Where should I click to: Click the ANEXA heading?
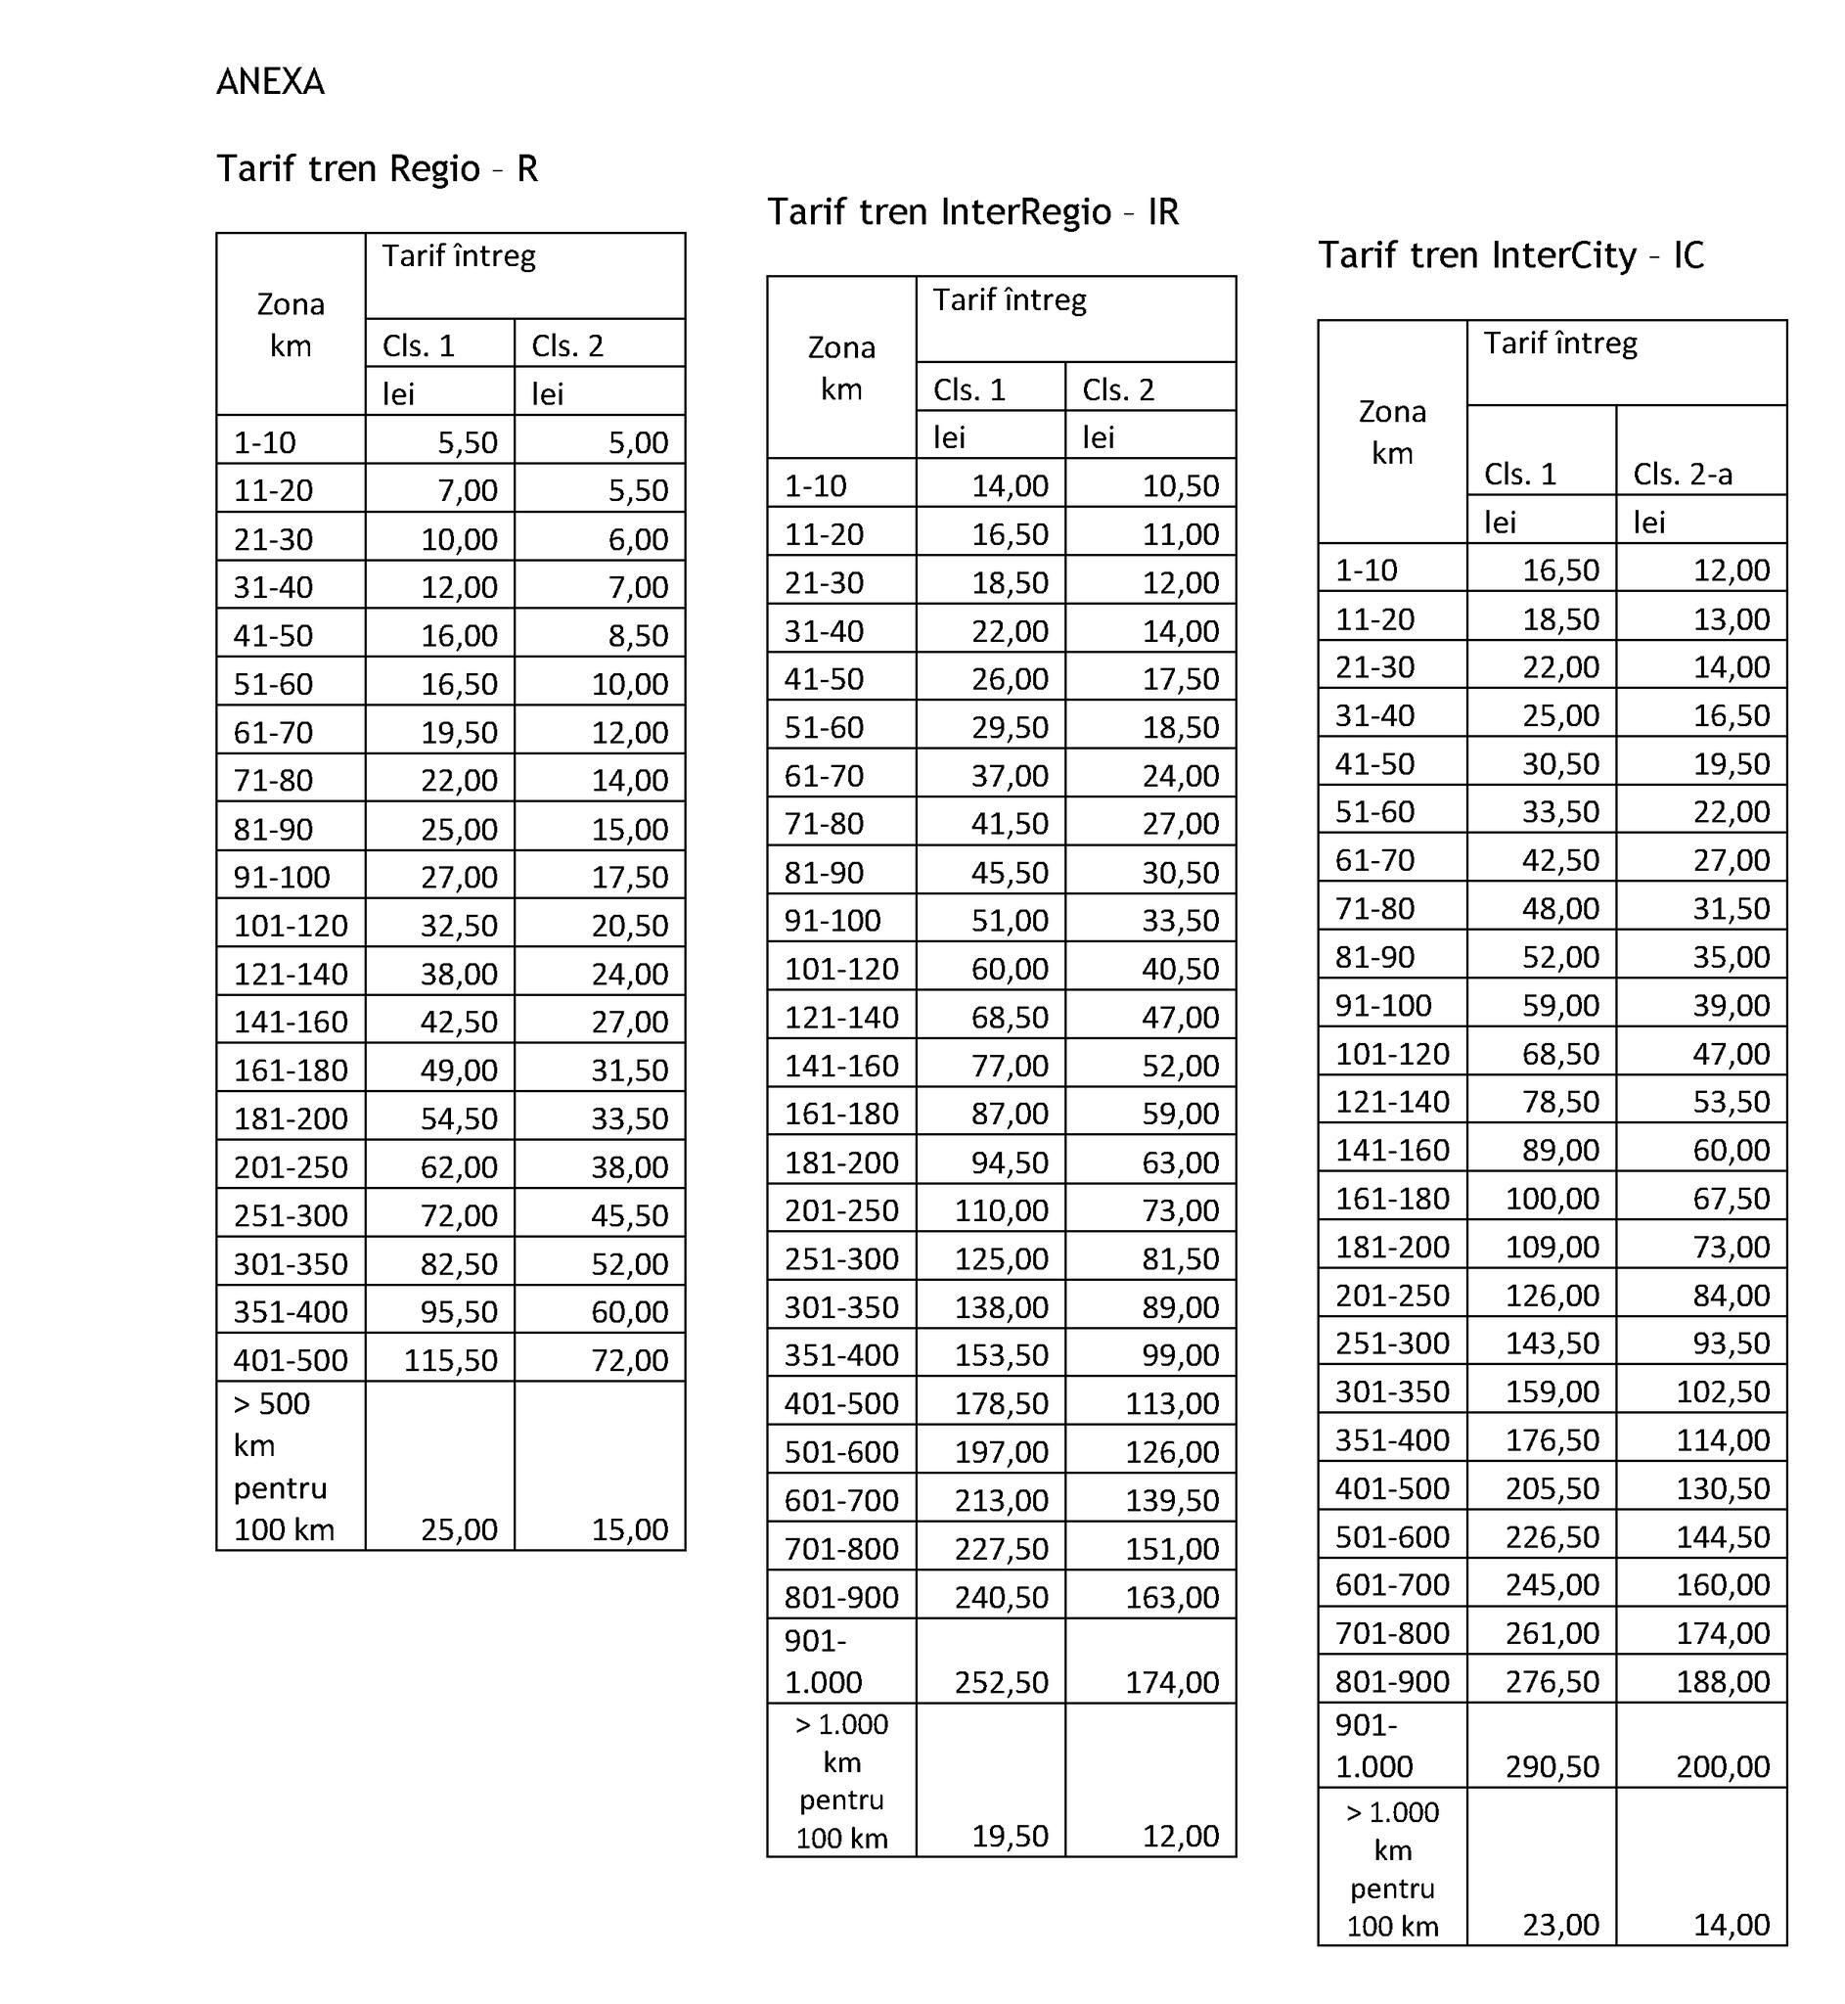[270, 82]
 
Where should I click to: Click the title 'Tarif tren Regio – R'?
[377, 168]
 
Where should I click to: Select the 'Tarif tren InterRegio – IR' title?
[972, 211]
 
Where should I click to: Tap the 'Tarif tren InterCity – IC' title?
[1509, 255]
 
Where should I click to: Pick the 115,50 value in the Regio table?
[450, 1360]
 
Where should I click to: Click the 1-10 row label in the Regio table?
[264, 442]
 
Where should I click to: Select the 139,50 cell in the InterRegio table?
[1171, 1501]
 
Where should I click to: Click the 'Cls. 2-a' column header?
[1682, 475]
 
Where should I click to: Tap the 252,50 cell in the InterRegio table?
[1001, 1682]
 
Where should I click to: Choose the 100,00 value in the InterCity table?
[1552, 1199]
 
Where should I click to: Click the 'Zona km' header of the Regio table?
[291, 325]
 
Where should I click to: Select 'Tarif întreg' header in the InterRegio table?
[1009, 299]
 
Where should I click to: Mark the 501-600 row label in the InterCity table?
[1392, 1536]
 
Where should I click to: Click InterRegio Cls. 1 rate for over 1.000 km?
[1010, 1836]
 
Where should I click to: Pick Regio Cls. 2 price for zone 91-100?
[629, 878]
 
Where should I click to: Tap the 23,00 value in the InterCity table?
[1560, 1924]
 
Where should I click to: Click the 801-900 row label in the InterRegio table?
[840, 1598]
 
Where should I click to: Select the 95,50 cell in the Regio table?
[458, 1312]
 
